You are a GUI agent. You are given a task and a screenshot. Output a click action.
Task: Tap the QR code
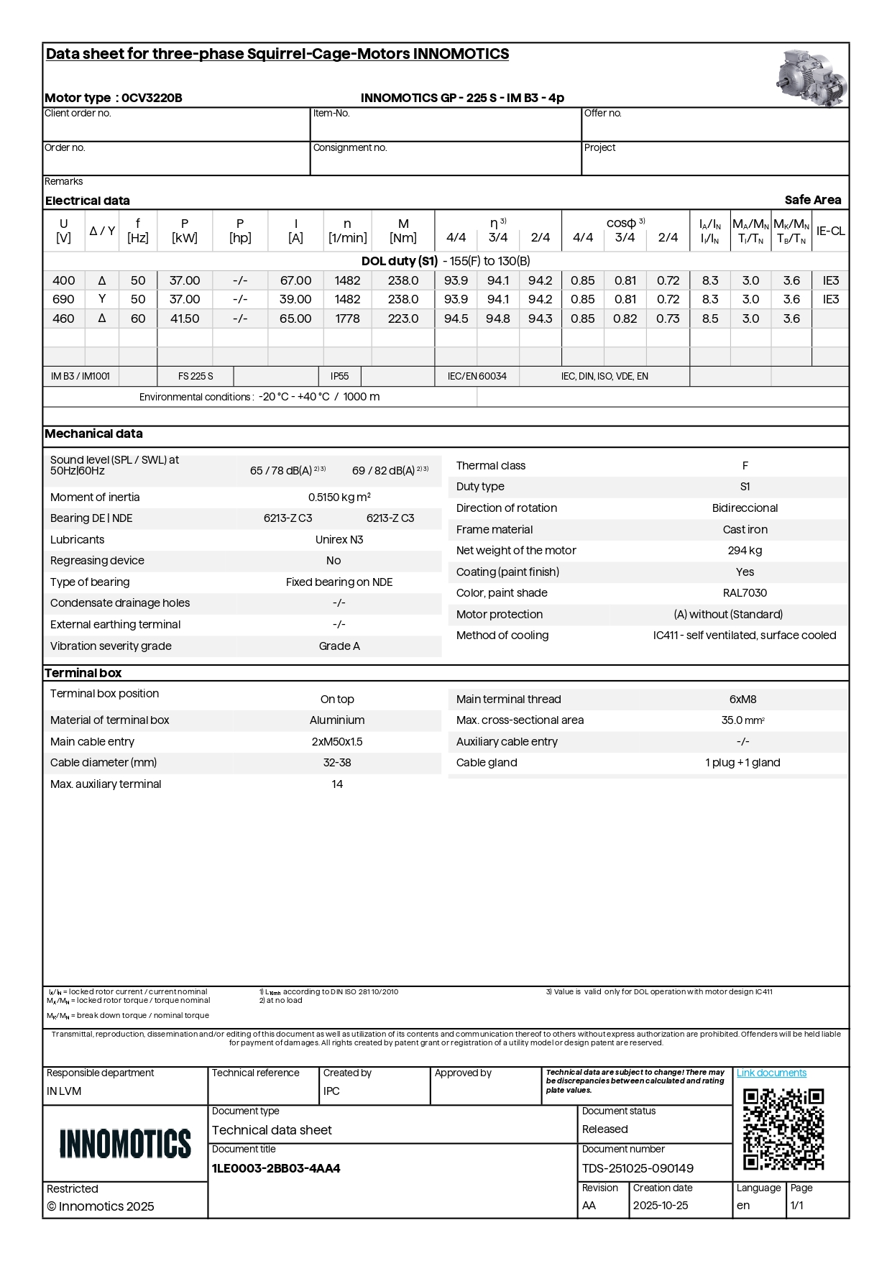[x=783, y=1129]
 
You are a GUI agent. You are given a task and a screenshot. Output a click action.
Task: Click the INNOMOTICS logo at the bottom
[x=125, y=1143]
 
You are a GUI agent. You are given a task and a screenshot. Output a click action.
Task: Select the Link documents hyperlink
[x=771, y=1073]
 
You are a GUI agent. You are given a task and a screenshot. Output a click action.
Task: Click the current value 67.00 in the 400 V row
[x=295, y=280]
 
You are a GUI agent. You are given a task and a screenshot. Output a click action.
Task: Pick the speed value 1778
[x=347, y=318]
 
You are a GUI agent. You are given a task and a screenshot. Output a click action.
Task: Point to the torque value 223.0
[x=403, y=318]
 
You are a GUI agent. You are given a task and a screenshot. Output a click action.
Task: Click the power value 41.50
[x=185, y=318]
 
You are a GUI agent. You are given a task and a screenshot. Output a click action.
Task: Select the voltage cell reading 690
[x=63, y=299]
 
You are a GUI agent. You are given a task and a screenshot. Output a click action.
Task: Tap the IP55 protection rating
[x=339, y=376]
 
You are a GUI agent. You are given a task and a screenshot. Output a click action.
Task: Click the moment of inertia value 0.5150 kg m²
[x=339, y=497]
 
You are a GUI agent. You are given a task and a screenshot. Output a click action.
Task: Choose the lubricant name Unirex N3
[x=339, y=539]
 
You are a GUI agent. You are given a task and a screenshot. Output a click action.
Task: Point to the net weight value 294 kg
[x=745, y=550]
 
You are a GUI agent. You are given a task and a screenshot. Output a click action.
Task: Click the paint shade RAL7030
[x=745, y=592]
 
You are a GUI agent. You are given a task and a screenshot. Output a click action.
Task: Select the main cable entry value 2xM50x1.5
[x=337, y=741]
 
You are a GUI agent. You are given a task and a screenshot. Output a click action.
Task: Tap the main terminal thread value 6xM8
[x=742, y=699]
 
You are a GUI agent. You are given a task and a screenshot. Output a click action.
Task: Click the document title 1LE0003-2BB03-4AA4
[x=276, y=1168]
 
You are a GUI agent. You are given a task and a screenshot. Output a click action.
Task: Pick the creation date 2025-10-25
[x=660, y=1206]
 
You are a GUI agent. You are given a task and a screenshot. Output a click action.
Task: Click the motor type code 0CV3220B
[x=152, y=98]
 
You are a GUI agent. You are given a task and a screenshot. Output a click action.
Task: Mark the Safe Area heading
[x=812, y=200]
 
